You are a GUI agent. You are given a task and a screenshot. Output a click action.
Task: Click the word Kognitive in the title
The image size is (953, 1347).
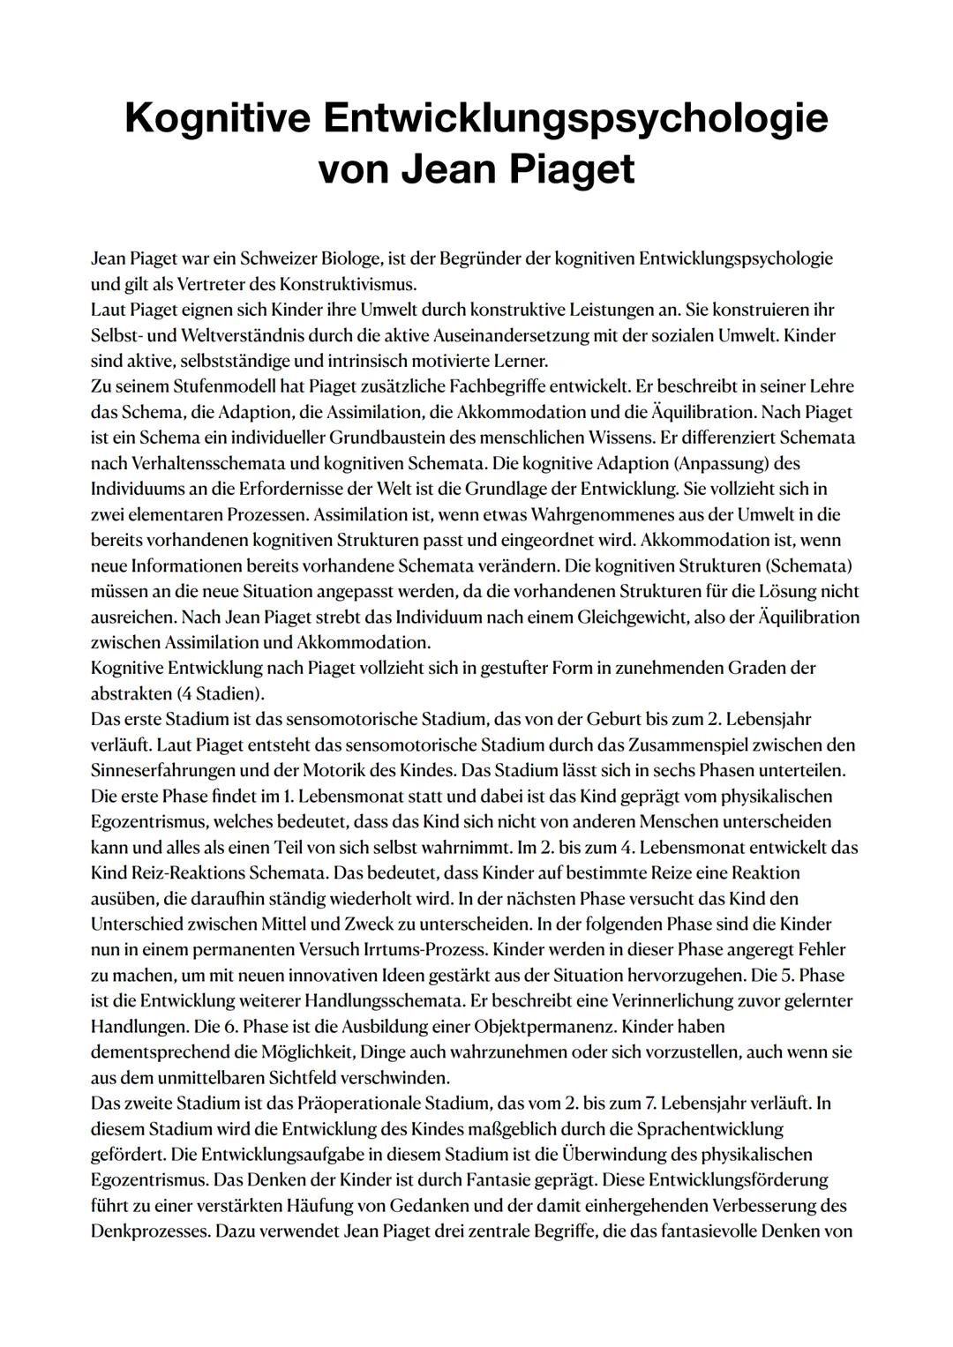[x=216, y=118]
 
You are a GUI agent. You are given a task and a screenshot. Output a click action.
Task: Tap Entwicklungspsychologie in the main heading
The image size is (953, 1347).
[x=574, y=118]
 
